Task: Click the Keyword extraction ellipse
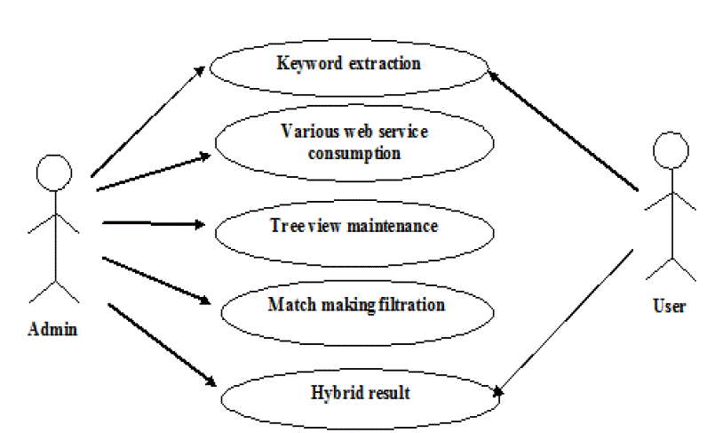tap(348, 64)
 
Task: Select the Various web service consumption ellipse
tap(354, 142)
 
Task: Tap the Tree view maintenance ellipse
tap(354, 226)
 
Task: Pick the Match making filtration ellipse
tap(355, 306)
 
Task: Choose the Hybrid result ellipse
tap(360, 392)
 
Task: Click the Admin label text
tap(53, 330)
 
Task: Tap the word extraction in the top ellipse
tap(384, 64)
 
